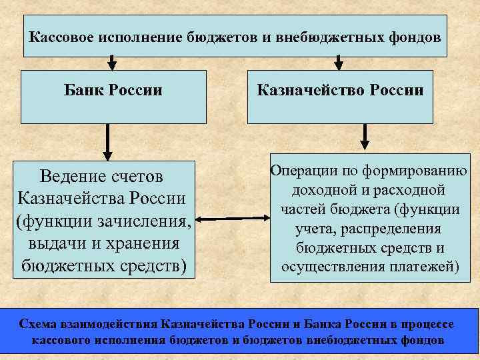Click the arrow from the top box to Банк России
point(111,62)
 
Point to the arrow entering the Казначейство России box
point(339,62)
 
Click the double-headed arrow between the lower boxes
point(231,219)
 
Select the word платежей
point(428,268)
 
